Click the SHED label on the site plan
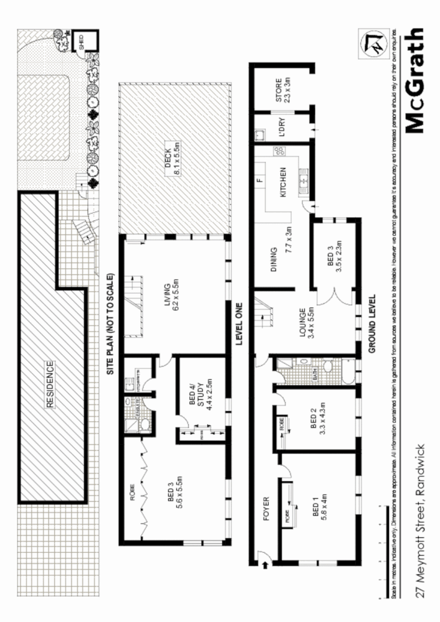coord(81,41)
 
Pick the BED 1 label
coord(319,506)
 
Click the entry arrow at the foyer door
coord(266,565)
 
